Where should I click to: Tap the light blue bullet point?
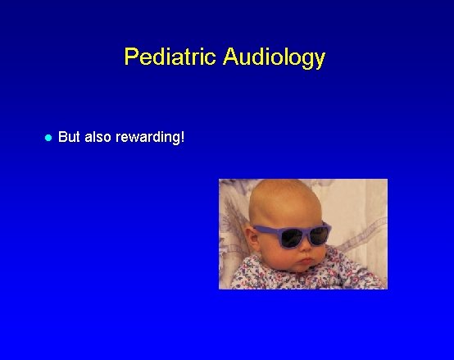click(x=48, y=138)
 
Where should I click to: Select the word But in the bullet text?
click(x=70, y=137)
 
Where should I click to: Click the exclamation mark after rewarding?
click(x=183, y=137)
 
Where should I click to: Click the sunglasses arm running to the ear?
click(x=260, y=230)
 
